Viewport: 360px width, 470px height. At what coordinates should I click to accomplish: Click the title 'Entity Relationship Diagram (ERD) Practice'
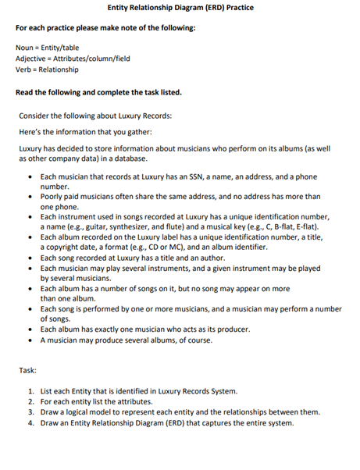coord(180,7)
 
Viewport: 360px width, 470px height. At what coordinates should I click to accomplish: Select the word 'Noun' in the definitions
coord(24,48)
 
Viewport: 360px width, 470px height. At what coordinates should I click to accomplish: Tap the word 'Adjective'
coord(30,59)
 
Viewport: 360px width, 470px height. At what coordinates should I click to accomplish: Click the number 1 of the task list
coord(29,390)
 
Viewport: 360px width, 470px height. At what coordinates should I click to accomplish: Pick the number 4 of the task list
coord(29,422)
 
